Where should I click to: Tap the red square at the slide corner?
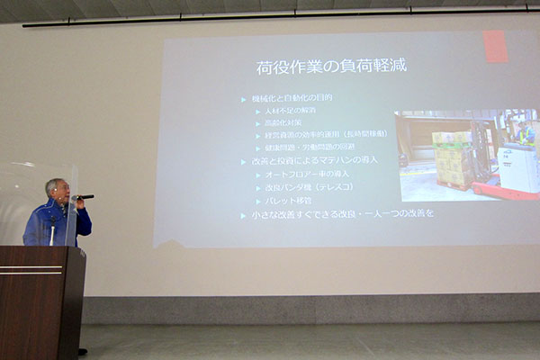[x=495, y=46]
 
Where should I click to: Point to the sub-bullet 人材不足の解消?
[x=286, y=110]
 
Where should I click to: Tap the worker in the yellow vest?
[x=525, y=135]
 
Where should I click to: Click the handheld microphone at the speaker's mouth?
[x=83, y=197]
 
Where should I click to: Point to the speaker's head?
[x=56, y=190]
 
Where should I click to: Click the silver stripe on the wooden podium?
[x=31, y=269]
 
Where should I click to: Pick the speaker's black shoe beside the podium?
[x=83, y=351]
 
